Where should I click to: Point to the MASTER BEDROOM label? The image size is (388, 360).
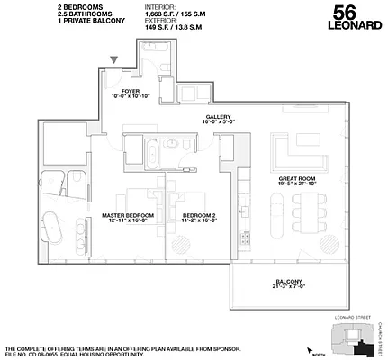point(129,215)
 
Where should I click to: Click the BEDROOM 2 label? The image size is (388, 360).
point(199,215)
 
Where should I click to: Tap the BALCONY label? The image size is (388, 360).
point(289,280)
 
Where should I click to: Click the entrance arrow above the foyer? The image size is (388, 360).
point(114,61)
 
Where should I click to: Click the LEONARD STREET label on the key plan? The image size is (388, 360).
point(350,318)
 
